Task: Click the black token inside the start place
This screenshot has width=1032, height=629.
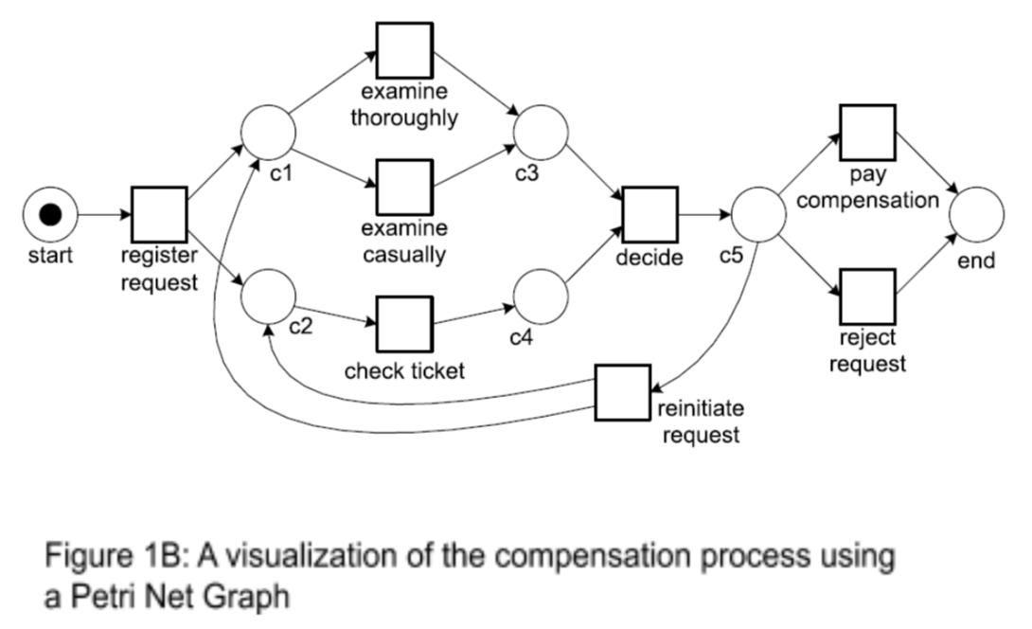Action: click(50, 215)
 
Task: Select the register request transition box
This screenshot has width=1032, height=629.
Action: click(159, 215)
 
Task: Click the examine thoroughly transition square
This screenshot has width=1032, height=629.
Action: click(404, 49)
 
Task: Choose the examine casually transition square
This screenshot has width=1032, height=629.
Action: click(404, 187)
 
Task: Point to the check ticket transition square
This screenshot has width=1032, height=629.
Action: click(404, 325)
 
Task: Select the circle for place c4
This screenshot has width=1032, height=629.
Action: click(540, 295)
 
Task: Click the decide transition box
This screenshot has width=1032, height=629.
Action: click(649, 215)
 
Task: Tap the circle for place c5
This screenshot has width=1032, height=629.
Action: click(757, 215)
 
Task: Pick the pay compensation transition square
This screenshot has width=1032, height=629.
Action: click(866, 133)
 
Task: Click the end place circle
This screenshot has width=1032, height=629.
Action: click(975, 215)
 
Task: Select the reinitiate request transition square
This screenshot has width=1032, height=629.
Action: click(622, 392)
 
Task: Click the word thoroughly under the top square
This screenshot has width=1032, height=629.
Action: click(404, 118)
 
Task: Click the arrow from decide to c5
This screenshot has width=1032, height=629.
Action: click(703, 215)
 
